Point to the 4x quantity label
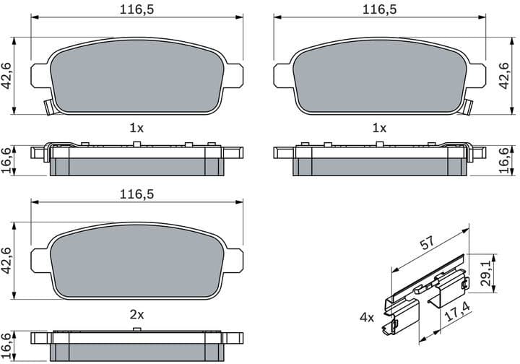point(366,317)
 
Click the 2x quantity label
point(136,315)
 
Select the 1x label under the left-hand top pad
point(136,128)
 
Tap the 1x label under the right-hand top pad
point(379,128)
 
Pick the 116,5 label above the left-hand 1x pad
point(136,9)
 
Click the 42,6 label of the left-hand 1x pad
point(9,74)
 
